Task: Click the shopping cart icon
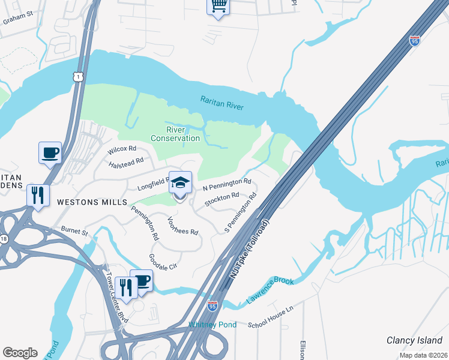(x=218, y=7)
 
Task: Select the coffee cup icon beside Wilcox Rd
(x=50, y=152)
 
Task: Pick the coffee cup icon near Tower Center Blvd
(x=142, y=280)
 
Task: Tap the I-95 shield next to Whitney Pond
(x=212, y=306)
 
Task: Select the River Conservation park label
(x=175, y=134)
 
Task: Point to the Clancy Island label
(x=414, y=340)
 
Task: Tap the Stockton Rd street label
(x=222, y=199)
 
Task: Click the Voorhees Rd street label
(x=183, y=225)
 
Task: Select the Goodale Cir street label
(x=163, y=261)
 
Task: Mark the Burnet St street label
(x=75, y=230)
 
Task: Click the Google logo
(x=20, y=353)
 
